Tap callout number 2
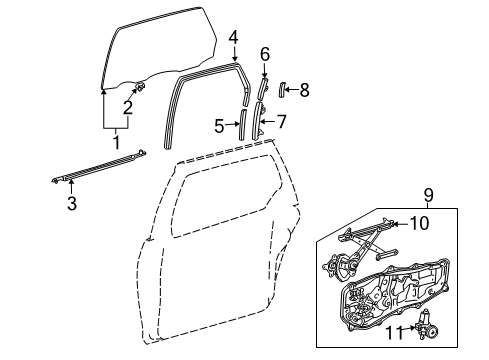point(127,107)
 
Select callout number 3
point(71,203)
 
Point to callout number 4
point(233,40)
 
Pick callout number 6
point(265,53)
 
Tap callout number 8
point(304,90)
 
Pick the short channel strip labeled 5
point(240,127)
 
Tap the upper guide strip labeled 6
point(262,87)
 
